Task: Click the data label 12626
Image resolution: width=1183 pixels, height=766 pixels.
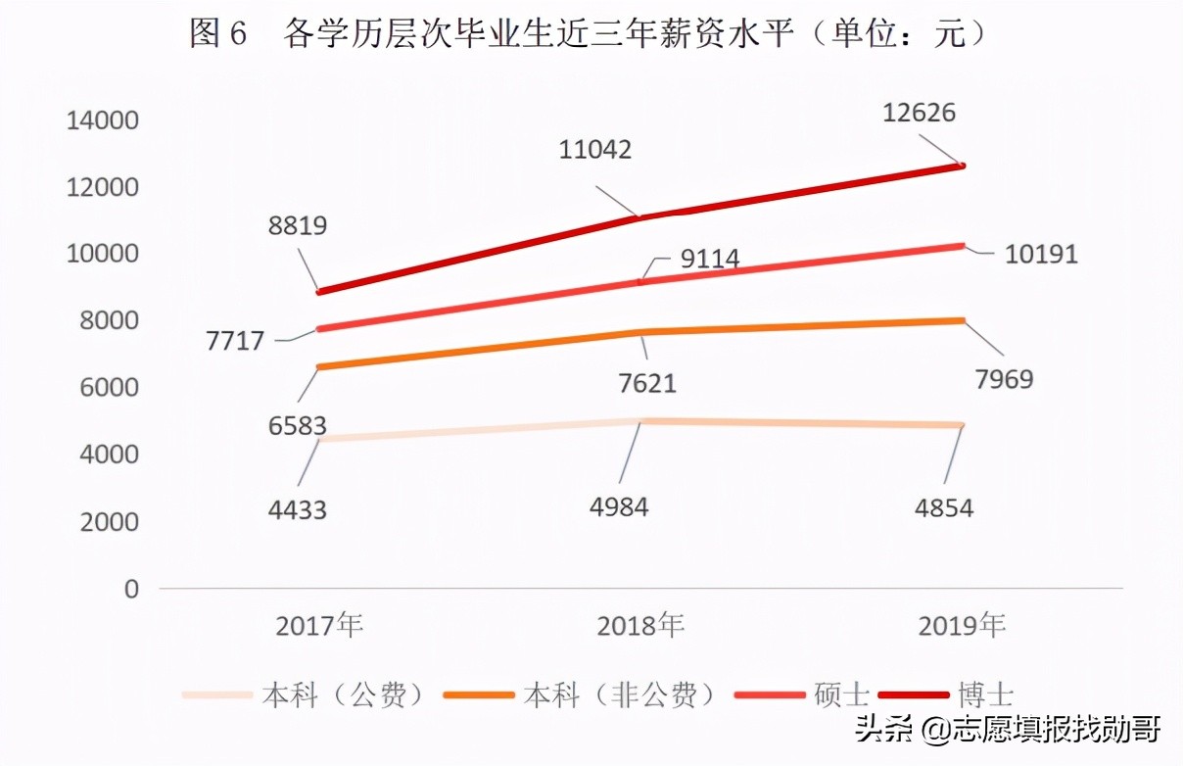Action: click(x=918, y=113)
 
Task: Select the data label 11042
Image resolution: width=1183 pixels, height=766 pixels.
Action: click(x=595, y=150)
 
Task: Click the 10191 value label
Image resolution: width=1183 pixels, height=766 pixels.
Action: click(x=1041, y=255)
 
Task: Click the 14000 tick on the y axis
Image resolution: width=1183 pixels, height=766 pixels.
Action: click(x=102, y=120)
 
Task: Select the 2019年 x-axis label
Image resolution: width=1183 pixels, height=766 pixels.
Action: click(x=963, y=625)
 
